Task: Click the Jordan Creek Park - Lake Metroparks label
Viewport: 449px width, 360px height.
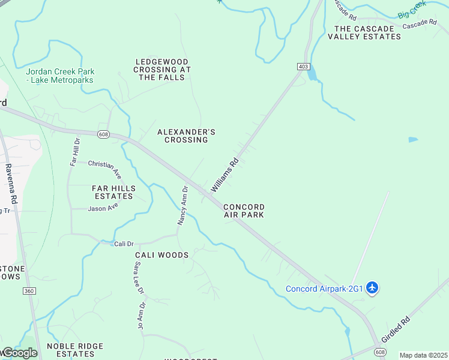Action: tap(60, 76)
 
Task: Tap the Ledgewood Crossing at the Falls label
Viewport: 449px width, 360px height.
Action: tap(162, 70)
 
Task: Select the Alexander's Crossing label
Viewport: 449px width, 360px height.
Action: tap(186, 136)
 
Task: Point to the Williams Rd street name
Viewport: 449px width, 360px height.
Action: tap(225, 175)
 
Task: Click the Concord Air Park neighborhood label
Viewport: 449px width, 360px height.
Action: tap(244, 211)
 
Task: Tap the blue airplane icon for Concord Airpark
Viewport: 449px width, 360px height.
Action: tap(372, 289)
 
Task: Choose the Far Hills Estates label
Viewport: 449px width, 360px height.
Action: tap(113, 192)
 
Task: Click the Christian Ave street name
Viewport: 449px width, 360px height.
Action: tap(105, 169)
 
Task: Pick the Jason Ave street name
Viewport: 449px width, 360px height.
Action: tap(103, 207)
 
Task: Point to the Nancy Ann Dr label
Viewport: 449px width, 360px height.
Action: tap(182, 205)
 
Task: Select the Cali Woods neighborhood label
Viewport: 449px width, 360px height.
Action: tap(161, 255)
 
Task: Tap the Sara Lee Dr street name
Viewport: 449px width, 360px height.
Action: tap(139, 278)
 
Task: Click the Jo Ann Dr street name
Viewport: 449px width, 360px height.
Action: tap(141, 316)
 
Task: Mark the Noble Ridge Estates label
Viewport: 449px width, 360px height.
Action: tap(75, 350)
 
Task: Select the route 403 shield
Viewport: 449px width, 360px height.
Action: tap(303, 67)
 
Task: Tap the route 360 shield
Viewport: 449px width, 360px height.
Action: tap(28, 291)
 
